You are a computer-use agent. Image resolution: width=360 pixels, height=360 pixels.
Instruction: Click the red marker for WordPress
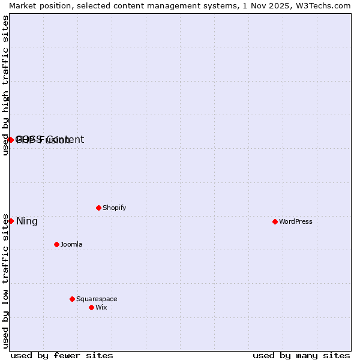coord(275,221)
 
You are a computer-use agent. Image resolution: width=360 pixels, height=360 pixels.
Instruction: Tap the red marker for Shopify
coord(98,208)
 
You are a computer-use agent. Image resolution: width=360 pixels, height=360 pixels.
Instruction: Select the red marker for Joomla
coord(56,244)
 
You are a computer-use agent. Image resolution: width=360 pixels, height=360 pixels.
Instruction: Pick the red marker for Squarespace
coord(72,299)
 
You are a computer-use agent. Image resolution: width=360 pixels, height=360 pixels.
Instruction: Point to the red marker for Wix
coord(91,307)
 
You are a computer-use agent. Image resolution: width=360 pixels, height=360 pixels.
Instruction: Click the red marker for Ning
coord(11,221)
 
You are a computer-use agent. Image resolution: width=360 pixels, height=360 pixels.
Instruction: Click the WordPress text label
coord(296,221)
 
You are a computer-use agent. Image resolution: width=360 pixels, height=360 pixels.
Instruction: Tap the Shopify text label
coord(114,208)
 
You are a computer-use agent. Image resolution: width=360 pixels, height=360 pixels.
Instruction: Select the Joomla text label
coord(71,244)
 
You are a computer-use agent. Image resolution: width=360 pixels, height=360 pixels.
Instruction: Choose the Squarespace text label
coord(97,299)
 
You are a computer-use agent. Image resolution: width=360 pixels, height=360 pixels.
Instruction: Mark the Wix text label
coord(101,307)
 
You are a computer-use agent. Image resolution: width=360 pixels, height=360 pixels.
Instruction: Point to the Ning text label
coord(27,221)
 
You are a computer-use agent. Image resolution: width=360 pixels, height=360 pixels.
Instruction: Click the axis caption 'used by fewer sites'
coord(62,355)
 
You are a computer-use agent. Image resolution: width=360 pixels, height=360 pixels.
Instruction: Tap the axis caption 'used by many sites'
coord(301,355)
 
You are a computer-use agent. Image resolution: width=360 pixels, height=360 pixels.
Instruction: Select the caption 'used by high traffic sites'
coord(6,85)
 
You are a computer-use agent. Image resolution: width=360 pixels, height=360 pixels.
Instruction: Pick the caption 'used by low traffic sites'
coord(6,281)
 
